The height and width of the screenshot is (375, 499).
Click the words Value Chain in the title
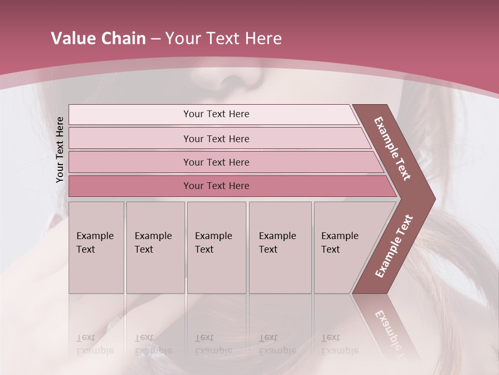pyautogui.click(x=98, y=39)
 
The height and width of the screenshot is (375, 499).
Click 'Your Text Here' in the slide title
pyautogui.click(x=224, y=39)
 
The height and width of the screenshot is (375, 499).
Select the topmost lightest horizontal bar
pyautogui.click(x=213, y=114)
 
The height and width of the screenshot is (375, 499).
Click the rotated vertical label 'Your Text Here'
pyautogui.click(x=60, y=149)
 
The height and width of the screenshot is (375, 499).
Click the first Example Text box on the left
pyautogui.click(x=96, y=247)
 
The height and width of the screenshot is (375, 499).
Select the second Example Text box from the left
pyautogui.click(x=155, y=247)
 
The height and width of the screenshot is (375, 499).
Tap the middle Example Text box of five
pyautogui.click(x=216, y=247)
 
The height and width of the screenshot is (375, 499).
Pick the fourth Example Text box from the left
pyautogui.click(x=280, y=247)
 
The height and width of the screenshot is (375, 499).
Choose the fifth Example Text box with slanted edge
pyautogui.click(x=343, y=247)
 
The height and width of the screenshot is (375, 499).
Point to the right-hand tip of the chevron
pyautogui.click(x=432, y=198)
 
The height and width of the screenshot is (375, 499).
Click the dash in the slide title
pyautogui.click(x=155, y=39)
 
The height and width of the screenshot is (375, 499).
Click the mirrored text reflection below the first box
pyautogui.click(x=95, y=344)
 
